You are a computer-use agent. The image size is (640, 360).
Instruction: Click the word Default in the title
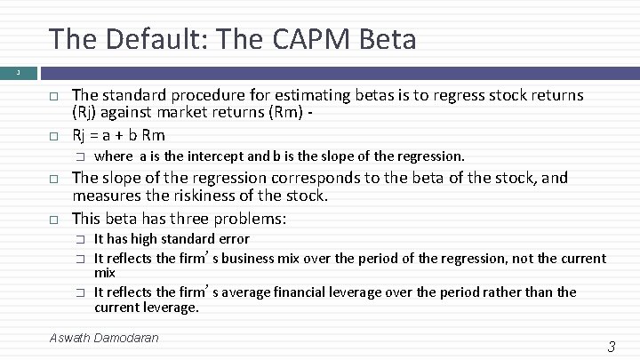tap(137, 39)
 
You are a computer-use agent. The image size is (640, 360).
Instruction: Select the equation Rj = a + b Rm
tap(118, 134)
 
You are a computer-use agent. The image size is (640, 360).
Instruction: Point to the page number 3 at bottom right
tap(611, 347)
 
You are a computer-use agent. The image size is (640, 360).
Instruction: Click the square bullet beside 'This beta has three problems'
tap(53, 219)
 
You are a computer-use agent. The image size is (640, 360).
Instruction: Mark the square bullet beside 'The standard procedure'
tap(53, 96)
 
